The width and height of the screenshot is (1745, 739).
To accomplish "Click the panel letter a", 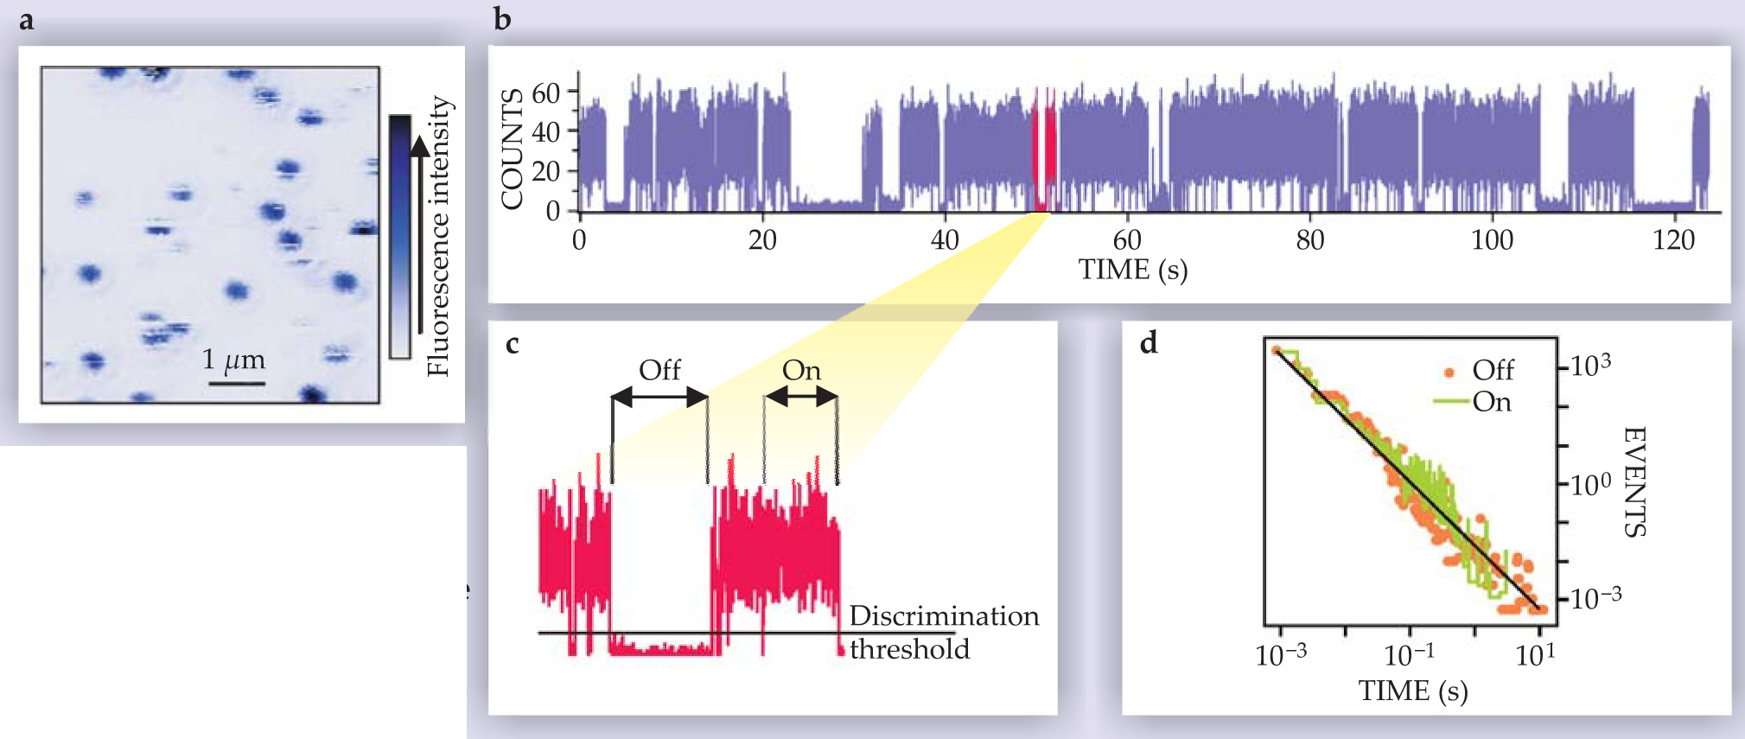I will pyautogui.click(x=27, y=19).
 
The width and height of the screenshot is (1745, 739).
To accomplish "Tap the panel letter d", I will pyautogui.click(x=1149, y=343).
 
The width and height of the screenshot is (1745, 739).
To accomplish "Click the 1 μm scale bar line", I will pyautogui.click(x=236, y=382).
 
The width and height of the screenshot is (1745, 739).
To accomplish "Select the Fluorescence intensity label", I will pyautogui.click(x=439, y=236).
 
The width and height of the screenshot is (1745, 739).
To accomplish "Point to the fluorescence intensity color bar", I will pyautogui.click(x=399, y=236).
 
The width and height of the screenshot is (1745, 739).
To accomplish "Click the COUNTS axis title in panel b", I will pyautogui.click(x=512, y=149).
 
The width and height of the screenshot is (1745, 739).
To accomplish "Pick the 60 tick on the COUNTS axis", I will pyautogui.click(x=546, y=92).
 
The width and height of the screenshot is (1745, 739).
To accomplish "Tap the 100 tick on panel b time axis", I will pyautogui.click(x=1492, y=239).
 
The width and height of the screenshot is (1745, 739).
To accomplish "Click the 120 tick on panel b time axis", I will pyautogui.click(x=1673, y=239).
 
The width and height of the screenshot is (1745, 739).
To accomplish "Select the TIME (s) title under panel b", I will pyautogui.click(x=1132, y=270).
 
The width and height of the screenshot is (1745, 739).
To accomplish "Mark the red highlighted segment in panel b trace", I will pyautogui.click(x=1044, y=151).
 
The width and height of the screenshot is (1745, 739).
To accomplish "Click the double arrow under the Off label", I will pyautogui.click(x=659, y=398).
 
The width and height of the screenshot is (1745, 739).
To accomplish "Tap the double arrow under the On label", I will pyautogui.click(x=801, y=397).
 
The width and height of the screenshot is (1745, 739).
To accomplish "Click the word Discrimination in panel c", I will pyautogui.click(x=944, y=615).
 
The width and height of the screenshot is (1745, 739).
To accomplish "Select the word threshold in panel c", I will pyautogui.click(x=909, y=649).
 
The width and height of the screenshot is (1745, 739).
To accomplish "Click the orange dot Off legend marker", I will pyautogui.click(x=1449, y=373).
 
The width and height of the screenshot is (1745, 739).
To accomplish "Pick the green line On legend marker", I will pyautogui.click(x=1451, y=401).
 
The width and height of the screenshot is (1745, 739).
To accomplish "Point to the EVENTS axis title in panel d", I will pyautogui.click(x=1634, y=481).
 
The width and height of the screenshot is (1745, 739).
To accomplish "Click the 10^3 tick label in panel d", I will pyautogui.click(x=1590, y=366).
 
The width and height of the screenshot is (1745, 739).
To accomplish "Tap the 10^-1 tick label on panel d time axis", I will pyautogui.click(x=1409, y=655).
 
